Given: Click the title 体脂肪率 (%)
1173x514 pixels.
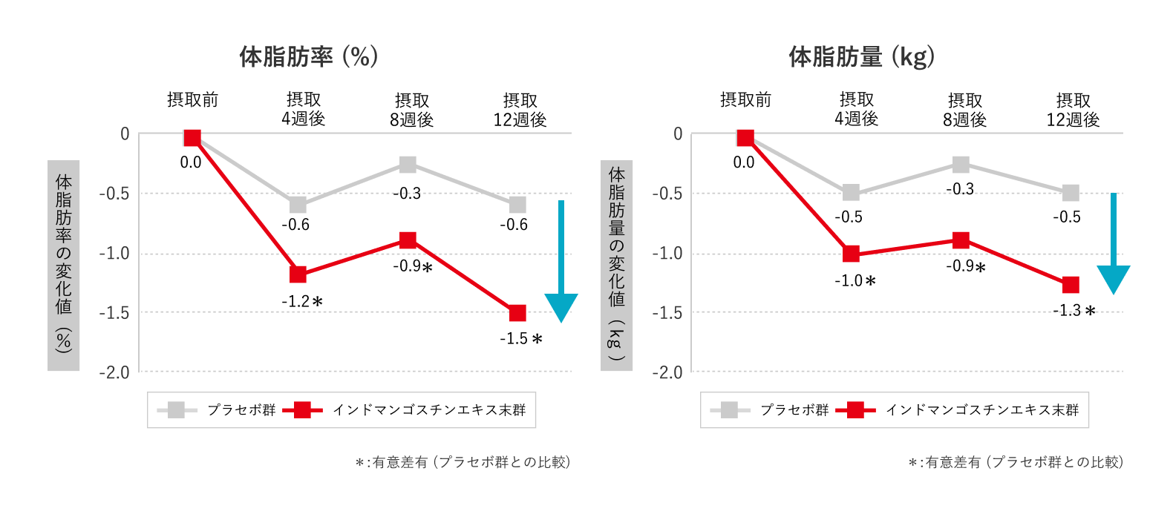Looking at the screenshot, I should pyautogui.click(x=308, y=56).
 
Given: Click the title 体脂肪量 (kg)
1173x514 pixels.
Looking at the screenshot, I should pyautogui.click(x=861, y=56).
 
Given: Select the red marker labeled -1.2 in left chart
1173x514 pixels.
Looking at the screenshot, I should pyautogui.click(x=298, y=274).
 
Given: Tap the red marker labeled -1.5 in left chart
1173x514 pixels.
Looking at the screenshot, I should pyautogui.click(x=517, y=313).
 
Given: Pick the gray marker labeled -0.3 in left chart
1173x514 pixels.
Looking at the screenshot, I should pyautogui.click(x=408, y=165).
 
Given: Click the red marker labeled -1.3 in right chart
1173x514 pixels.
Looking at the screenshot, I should pyautogui.click(x=1071, y=285).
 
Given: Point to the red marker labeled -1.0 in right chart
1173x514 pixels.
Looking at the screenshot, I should pyautogui.click(x=851, y=254).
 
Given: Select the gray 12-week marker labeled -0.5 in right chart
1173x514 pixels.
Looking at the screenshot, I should pyautogui.click(x=1071, y=193).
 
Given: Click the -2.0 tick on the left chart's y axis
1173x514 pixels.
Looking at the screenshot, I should pyautogui.click(x=114, y=372).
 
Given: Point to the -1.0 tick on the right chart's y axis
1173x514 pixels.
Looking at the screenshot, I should pyautogui.click(x=667, y=254).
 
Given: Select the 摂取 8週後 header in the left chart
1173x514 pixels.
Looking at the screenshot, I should pyautogui.click(x=411, y=110).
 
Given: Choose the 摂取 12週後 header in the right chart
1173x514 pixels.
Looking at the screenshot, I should pyautogui.click(x=1073, y=110).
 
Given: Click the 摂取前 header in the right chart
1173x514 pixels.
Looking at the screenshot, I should pyautogui.click(x=745, y=100).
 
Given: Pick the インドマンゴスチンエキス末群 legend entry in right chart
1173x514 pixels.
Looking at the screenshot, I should pyautogui.click(x=981, y=410).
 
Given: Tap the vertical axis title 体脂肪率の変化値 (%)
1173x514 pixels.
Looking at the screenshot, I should pyautogui.click(x=64, y=264).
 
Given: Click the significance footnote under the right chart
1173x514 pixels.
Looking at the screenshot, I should pyautogui.click(x=1016, y=462).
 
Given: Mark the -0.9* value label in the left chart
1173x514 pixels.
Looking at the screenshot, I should pyautogui.click(x=412, y=266).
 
